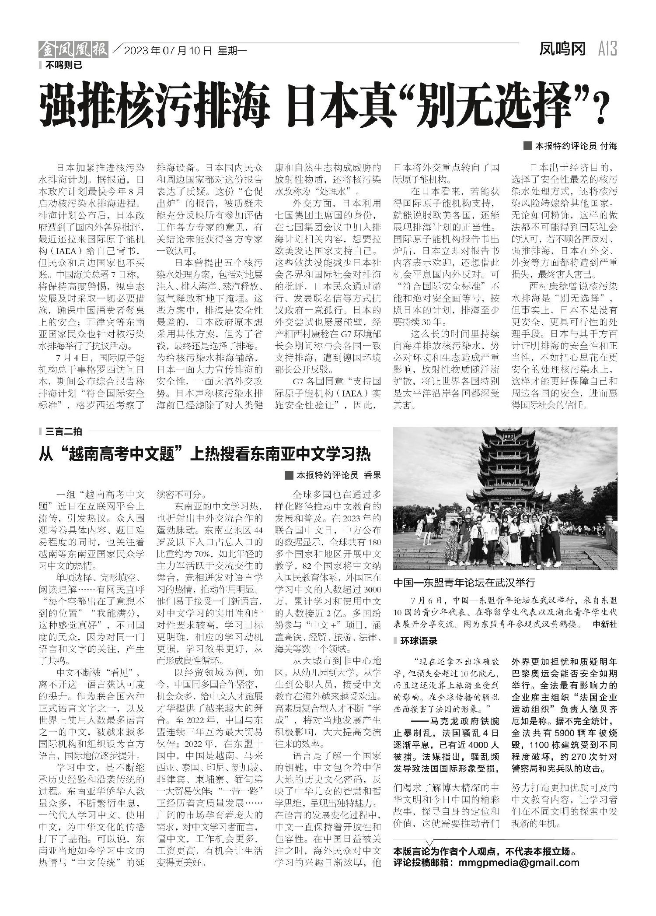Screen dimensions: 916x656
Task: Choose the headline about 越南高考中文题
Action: [205, 455]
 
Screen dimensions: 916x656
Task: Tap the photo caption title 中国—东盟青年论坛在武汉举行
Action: [464, 583]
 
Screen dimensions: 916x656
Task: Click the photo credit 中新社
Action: [605, 624]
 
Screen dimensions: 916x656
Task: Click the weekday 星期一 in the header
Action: [232, 51]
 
